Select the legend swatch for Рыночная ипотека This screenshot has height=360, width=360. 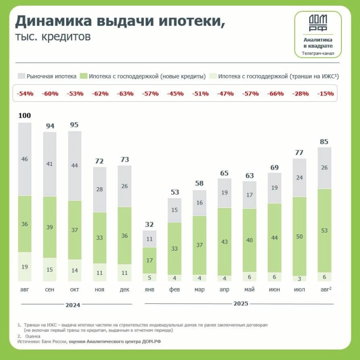pyautogui.click(x=21, y=76)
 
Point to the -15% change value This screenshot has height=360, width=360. pyautogui.click(x=325, y=94)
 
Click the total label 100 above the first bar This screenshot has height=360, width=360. pyautogui.click(x=25, y=115)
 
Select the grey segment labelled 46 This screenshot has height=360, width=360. pyautogui.click(x=25, y=159)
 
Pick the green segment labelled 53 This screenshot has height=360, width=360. pyautogui.click(x=324, y=231)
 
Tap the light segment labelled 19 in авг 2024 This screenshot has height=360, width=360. pyautogui.click(x=25, y=266)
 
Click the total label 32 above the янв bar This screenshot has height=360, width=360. pyautogui.click(x=150, y=224)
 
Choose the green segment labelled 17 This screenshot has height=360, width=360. pyautogui.click(x=150, y=260)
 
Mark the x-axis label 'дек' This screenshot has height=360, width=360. pyautogui.click(x=124, y=289)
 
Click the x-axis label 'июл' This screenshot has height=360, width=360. pyautogui.click(x=299, y=289)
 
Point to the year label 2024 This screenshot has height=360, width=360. pyautogui.click(x=74, y=304)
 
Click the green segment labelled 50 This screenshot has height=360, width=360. pyautogui.click(x=299, y=236)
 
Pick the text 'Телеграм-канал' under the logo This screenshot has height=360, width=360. pyautogui.click(x=317, y=54)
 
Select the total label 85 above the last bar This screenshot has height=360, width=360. pyautogui.click(x=324, y=141)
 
